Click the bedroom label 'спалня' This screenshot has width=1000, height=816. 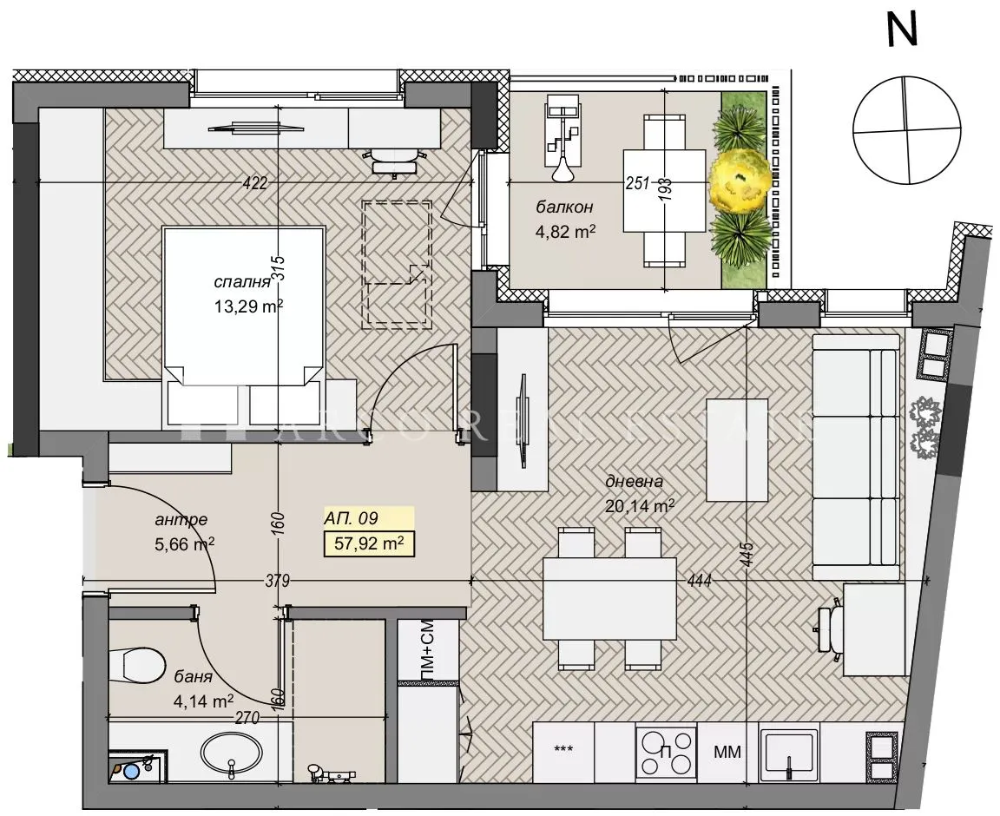[x=238, y=283]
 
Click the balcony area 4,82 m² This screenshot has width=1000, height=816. [x=567, y=231]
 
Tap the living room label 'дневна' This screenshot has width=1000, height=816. [x=635, y=482]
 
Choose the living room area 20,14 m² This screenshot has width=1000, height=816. [x=640, y=504]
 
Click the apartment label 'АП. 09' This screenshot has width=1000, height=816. [x=350, y=519]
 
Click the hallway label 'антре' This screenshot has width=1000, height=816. [x=181, y=520]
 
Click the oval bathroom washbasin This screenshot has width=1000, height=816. [x=231, y=752]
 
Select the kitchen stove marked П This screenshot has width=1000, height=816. [x=667, y=752]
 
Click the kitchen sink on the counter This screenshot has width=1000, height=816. [x=788, y=752]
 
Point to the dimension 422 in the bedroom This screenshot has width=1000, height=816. [x=254, y=182]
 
